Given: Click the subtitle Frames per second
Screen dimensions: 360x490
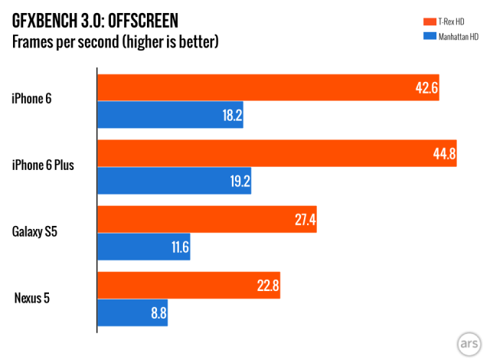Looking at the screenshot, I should [x=115, y=40].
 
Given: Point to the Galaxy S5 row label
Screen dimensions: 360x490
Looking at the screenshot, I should [x=35, y=230].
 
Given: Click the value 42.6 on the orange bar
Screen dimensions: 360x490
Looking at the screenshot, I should [x=426, y=88].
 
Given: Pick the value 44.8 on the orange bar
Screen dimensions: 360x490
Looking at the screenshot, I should [x=444, y=154].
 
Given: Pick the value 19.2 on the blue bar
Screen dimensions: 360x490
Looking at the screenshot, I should [x=238, y=182].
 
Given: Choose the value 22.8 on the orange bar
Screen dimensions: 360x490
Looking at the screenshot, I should [x=267, y=286].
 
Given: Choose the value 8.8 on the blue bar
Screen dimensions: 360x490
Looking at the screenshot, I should [x=158, y=313].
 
